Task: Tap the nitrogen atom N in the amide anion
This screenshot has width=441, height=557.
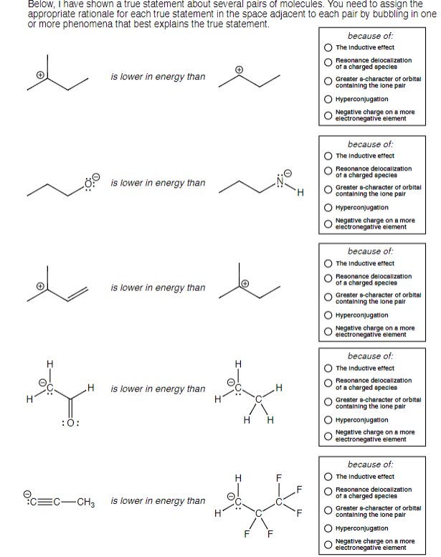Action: [x=282, y=184]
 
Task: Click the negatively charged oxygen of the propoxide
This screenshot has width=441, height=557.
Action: [x=89, y=184]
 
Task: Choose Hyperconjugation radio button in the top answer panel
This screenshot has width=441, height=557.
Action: [x=328, y=100]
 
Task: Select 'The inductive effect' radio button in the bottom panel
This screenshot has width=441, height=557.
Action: [x=328, y=476]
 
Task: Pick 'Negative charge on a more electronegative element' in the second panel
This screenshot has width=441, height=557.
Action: [x=328, y=224]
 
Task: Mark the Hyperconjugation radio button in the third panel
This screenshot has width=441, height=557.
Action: [x=328, y=316]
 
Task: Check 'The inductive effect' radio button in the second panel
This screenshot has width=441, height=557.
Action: [x=328, y=156]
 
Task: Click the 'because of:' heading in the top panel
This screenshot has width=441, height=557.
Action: [x=370, y=35]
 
